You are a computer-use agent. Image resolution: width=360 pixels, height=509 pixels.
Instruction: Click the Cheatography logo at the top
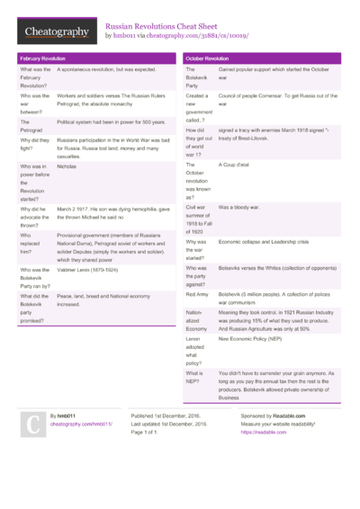point(57,32)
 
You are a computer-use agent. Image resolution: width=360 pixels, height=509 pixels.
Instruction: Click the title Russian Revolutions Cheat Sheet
point(163,26)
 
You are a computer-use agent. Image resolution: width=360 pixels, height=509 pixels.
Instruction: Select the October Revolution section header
point(207,58)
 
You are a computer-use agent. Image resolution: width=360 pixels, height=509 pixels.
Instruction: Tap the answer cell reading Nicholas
point(67,166)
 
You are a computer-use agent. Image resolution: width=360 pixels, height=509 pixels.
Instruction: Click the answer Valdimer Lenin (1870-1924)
point(94,269)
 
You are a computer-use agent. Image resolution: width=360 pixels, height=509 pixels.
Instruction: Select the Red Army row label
point(197,294)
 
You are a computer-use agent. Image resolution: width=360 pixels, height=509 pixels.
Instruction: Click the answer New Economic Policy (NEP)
point(257,340)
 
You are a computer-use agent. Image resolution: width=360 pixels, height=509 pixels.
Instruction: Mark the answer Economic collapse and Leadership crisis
point(264,242)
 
